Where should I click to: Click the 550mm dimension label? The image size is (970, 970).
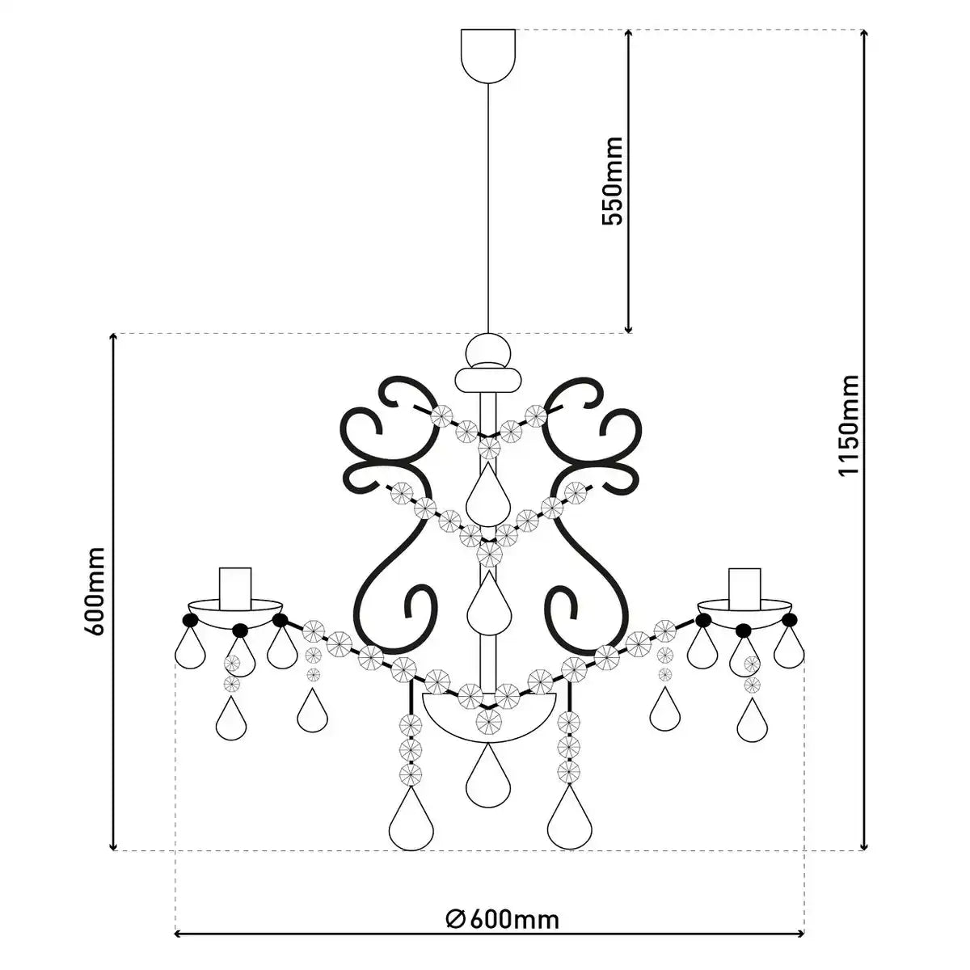(x=613, y=180)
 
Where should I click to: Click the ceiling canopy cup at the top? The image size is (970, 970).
(x=488, y=56)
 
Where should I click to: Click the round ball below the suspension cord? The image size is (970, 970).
(x=488, y=351)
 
